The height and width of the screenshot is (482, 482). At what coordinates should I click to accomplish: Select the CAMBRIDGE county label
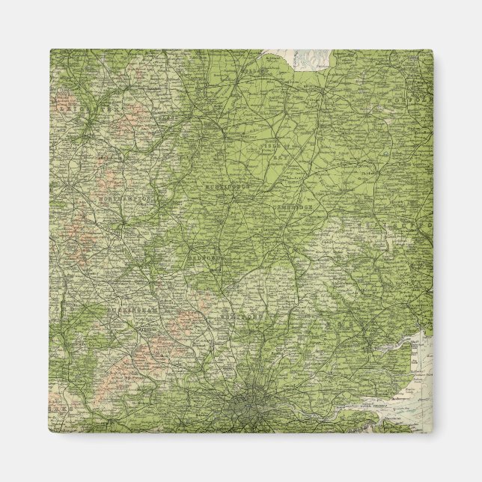pyautogui.click(x=298, y=204)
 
